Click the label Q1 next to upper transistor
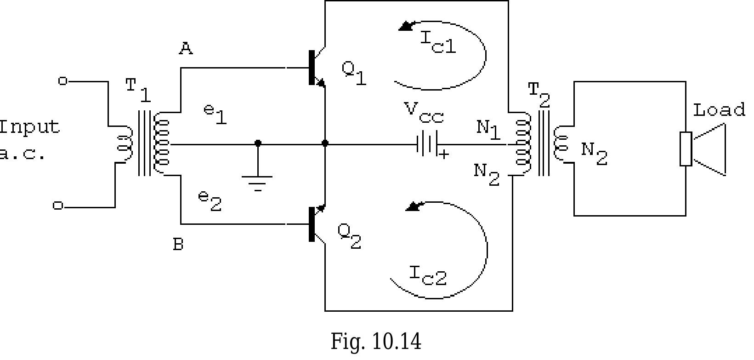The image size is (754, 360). point(354,72)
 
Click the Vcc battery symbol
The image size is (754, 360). point(427,144)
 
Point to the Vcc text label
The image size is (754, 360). point(424,113)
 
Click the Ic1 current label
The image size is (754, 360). point(438,43)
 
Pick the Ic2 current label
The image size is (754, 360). point(428,275)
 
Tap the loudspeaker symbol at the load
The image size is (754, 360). point(703,149)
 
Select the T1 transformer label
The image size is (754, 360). point(138,89)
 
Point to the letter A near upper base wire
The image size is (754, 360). point(186,48)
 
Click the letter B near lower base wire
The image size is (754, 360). point(178,245)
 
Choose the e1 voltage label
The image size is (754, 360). point(215,114)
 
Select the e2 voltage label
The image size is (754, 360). point(210,201)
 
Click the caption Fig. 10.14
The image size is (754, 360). point(375,342)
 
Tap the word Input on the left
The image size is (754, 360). point(29,127)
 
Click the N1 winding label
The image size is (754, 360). point(488,129)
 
